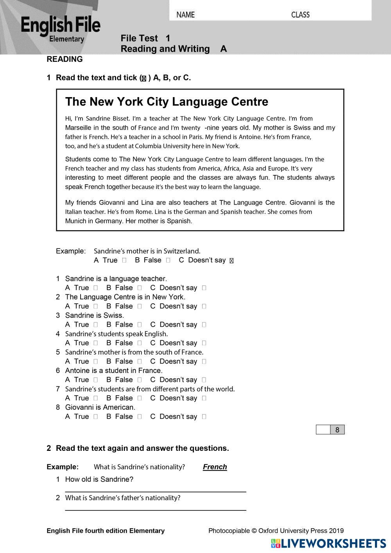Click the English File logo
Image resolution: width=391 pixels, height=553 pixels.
(x=61, y=29)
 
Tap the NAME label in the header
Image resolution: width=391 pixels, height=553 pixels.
(x=185, y=15)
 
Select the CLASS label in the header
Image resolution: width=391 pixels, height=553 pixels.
(x=300, y=15)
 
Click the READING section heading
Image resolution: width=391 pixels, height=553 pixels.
(x=65, y=59)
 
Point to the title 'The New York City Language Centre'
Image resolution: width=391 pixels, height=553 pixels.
(x=167, y=102)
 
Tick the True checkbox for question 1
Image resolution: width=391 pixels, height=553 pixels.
(x=95, y=288)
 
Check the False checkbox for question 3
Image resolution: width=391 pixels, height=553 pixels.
(x=140, y=325)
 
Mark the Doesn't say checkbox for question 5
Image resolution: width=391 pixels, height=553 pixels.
(x=204, y=362)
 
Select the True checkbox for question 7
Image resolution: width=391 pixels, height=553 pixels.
(x=95, y=398)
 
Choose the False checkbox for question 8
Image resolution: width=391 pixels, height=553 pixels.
(x=140, y=417)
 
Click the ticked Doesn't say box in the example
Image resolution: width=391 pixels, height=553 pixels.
(x=231, y=261)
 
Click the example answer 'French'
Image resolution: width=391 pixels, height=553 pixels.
(x=215, y=467)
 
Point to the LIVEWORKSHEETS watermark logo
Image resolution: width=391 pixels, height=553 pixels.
(x=328, y=543)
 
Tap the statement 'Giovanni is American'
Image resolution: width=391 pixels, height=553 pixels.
(x=100, y=407)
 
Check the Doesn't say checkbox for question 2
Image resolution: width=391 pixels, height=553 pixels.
(x=204, y=306)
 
